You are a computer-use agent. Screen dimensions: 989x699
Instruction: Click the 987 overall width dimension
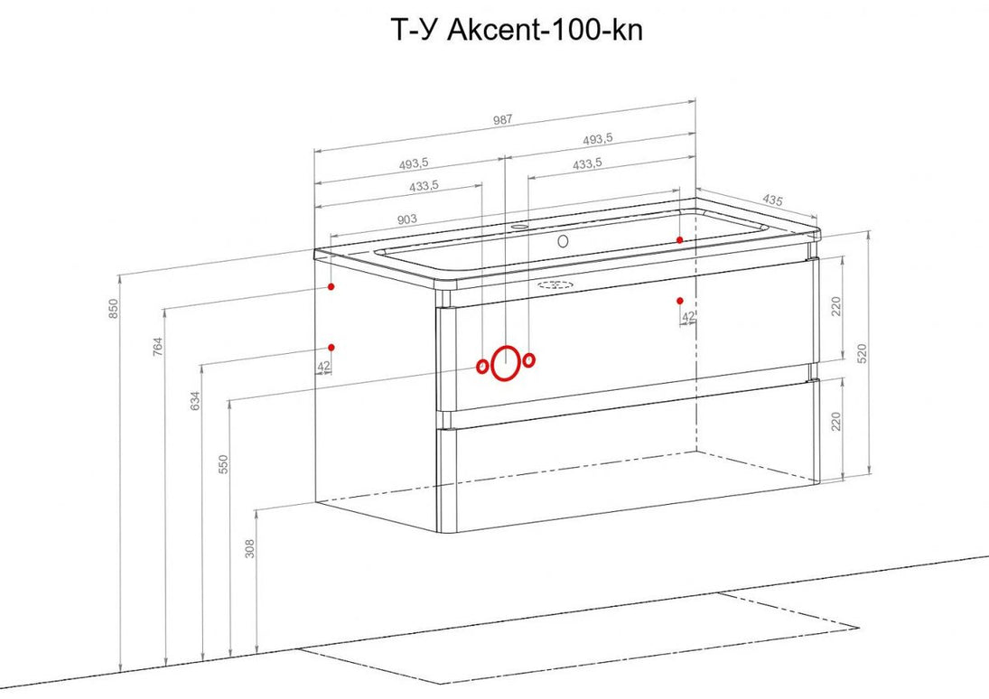(x=503, y=119)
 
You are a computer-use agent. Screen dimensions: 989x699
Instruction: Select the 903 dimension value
(x=406, y=219)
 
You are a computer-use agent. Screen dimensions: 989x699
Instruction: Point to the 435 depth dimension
(x=772, y=200)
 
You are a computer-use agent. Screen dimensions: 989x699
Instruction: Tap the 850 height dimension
(x=114, y=307)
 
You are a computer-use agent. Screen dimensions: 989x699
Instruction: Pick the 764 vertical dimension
(x=158, y=347)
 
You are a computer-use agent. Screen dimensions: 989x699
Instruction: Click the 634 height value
(x=195, y=401)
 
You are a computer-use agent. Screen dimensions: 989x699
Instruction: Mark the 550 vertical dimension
(x=223, y=463)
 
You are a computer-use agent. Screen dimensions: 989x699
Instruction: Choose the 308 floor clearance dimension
(x=250, y=548)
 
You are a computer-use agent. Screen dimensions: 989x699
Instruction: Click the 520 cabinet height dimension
(x=863, y=352)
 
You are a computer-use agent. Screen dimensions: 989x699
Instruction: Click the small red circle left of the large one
(x=482, y=367)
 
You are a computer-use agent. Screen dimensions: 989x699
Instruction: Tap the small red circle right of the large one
(x=529, y=360)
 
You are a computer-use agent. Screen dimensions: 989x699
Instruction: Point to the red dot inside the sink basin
(x=679, y=239)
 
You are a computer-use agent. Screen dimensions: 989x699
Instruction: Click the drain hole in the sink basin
(x=564, y=240)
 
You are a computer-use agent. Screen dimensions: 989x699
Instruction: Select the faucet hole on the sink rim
(x=519, y=225)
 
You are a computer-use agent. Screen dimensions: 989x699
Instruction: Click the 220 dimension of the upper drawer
(x=836, y=306)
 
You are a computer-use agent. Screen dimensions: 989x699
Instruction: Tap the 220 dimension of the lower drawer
(x=836, y=421)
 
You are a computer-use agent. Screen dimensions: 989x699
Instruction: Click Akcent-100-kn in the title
(x=545, y=30)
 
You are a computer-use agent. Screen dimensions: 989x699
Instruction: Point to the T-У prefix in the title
(x=415, y=30)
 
